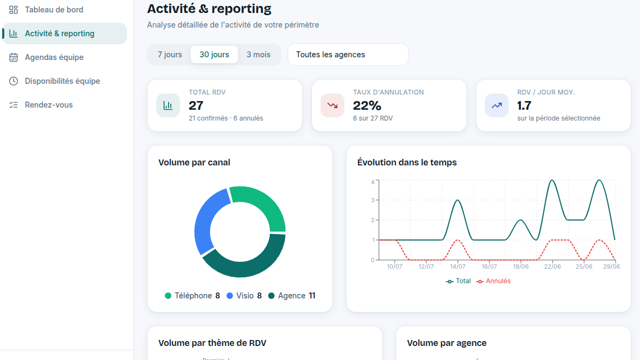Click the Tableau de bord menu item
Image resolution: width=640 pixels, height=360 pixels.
(x=54, y=10)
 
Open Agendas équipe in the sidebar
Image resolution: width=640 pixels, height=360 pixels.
(x=54, y=57)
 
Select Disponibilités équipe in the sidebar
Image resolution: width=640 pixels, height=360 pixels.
(x=62, y=81)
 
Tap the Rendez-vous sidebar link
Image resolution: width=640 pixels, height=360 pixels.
(x=49, y=105)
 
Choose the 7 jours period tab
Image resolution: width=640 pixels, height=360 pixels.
(x=170, y=55)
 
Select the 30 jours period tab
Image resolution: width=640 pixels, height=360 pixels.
(x=214, y=55)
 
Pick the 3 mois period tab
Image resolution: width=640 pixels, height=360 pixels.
(x=258, y=55)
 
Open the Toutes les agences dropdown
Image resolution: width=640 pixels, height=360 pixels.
(x=348, y=55)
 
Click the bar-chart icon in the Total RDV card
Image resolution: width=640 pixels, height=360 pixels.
(x=168, y=105)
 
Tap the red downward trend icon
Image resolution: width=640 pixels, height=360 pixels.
(x=332, y=105)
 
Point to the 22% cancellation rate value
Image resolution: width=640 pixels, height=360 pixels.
(x=367, y=106)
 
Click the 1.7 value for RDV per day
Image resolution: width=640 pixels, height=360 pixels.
(x=524, y=106)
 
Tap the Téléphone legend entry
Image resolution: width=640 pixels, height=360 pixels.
(x=192, y=296)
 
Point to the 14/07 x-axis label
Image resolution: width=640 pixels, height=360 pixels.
(x=457, y=266)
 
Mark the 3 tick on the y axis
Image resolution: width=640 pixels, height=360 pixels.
(x=372, y=200)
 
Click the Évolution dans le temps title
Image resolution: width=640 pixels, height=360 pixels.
(x=407, y=163)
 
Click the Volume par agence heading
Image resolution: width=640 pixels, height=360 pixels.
(x=446, y=343)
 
